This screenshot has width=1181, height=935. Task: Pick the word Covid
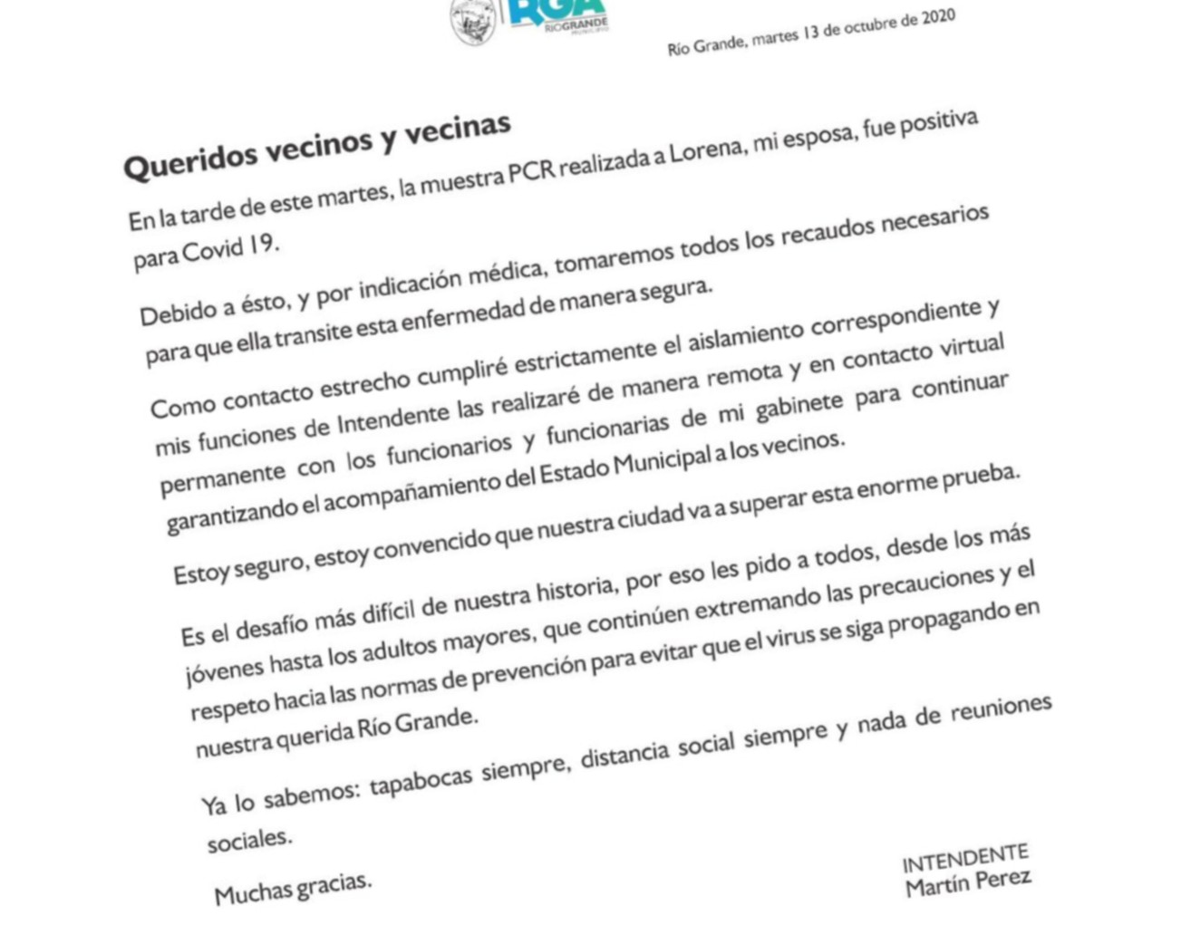coord(212,251)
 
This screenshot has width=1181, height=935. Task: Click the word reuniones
coord(1001,709)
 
